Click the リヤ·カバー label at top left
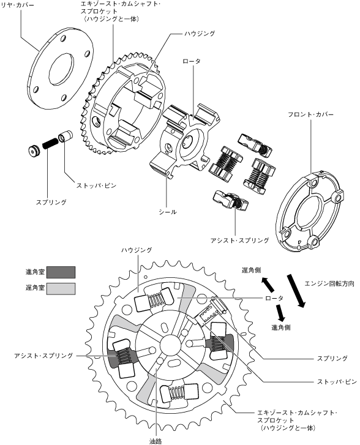click(18, 5)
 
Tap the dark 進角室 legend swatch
click(61, 272)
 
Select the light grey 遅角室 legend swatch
click(61, 289)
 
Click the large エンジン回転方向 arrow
click(296, 291)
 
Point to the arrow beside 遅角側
click(268, 285)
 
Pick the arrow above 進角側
click(282, 312)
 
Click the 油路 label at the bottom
click(156, 441)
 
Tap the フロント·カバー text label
click(310, 114)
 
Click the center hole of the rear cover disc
click(61, 69)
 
